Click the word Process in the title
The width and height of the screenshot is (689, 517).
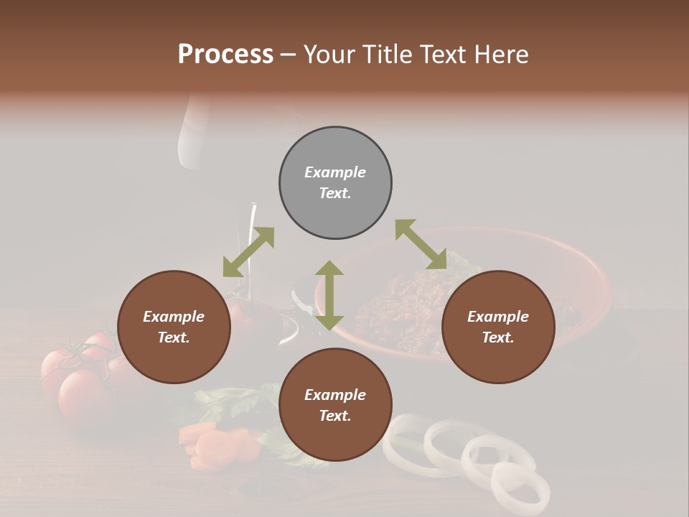point(225,55)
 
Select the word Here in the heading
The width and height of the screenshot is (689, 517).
point(502,55)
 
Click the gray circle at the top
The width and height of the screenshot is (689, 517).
point(335,182)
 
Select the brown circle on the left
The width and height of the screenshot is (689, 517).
point(174,327)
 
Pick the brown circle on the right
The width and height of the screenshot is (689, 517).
point(498,327)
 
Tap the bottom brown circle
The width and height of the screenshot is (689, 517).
point(335,405)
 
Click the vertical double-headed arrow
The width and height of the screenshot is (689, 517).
point(329,295)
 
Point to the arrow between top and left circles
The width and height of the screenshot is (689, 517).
point(248,251)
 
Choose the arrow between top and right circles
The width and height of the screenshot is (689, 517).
point(421,245)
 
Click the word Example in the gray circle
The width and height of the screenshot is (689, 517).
point(335,172)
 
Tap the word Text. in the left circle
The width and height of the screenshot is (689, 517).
point(174,337)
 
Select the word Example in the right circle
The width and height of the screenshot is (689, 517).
point(498,317)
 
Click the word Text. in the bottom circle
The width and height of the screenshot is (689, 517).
point(335,416)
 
